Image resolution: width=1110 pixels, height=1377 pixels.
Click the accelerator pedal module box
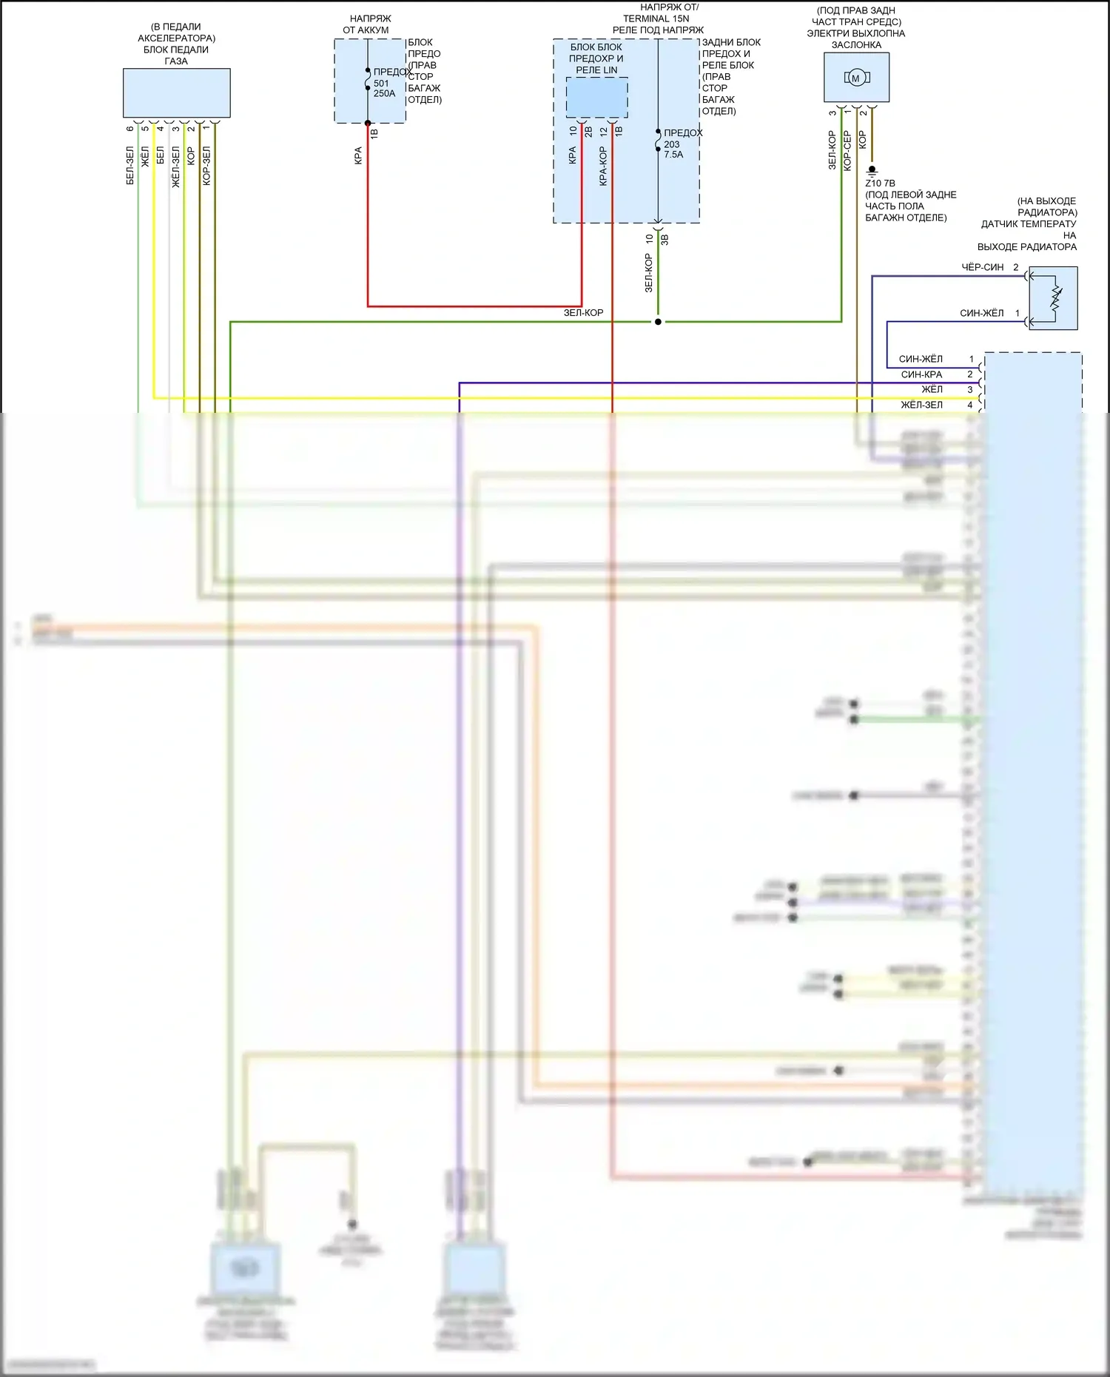point(176,92)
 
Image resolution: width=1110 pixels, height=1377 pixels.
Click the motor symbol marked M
point(856,78)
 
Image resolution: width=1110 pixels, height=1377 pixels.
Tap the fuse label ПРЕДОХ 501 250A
point(385,83)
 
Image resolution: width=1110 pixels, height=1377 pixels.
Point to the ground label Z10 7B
point(880,183)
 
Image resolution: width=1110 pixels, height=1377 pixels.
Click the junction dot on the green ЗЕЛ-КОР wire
point(658,322)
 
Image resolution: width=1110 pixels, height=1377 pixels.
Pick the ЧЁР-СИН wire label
point(982,267)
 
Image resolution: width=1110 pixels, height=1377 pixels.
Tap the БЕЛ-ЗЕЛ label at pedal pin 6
point(130,165)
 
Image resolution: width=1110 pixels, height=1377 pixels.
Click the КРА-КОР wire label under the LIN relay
point(603,166)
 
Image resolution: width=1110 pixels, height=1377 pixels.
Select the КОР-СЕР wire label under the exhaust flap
point(847,150)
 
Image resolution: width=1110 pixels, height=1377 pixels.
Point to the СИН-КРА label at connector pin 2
point(921,374)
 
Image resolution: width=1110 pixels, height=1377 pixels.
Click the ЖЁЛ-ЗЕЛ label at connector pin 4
point(921,405)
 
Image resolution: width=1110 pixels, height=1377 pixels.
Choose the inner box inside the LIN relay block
point(596,97)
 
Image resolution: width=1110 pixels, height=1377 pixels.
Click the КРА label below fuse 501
point(358,155)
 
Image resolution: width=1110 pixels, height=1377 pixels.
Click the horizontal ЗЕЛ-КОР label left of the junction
point(583,313)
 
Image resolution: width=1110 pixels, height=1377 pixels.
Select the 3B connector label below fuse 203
point(665,240)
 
